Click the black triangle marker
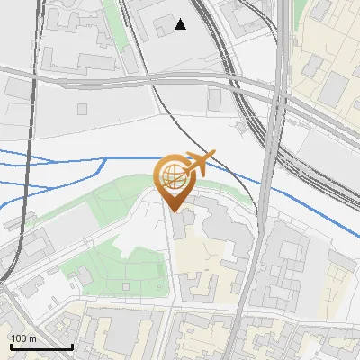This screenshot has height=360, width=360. coord(181,25)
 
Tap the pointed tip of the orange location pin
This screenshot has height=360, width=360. coord(175,211)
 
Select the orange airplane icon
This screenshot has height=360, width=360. coord(199,163)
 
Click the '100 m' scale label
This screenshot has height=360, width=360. coord(24,338)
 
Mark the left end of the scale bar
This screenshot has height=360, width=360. coord(10,346)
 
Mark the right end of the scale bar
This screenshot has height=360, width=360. coord(72,346)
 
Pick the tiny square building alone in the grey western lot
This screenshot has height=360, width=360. coord(82,109)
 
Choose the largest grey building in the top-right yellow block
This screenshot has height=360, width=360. coord(335,87)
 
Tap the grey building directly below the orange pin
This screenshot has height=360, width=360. coord(179,227)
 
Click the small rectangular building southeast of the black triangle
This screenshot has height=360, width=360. coord(215,99)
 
